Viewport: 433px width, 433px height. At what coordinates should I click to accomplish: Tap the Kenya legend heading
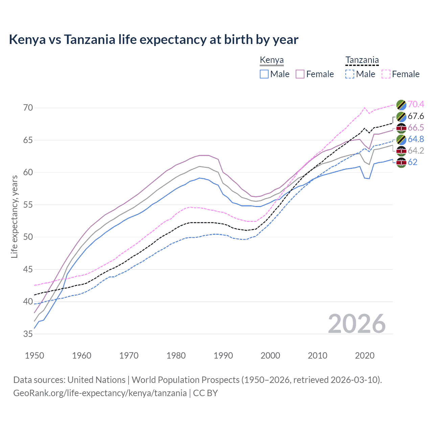tap(272, 60)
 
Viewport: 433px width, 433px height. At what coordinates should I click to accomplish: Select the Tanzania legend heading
tap(362, 60)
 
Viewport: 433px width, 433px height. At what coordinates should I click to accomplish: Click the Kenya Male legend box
tap(264, 74)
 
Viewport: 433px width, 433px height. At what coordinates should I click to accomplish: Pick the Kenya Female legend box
tap(300, 74)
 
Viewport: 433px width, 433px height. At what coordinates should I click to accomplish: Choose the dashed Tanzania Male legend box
tap(350, 74)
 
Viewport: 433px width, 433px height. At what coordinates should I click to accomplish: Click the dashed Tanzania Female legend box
tap(386, 74)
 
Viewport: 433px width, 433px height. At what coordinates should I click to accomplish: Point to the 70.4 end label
tap(416, 104)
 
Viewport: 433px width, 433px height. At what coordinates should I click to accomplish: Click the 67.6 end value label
tap(416, 116)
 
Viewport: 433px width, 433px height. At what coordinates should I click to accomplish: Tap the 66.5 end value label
tap(416, 128)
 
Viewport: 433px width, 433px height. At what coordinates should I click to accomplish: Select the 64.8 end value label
tap(416, 139)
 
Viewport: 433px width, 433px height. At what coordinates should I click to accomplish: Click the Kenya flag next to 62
tap(401, 162)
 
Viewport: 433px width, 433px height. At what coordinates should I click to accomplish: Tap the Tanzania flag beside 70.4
tap(401, 105)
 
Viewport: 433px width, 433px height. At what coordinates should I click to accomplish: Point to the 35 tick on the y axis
tap(28, 334)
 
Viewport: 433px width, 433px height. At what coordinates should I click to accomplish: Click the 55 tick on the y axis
tap(28, 205)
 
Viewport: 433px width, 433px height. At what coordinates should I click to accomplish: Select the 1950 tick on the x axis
tap(35, 356)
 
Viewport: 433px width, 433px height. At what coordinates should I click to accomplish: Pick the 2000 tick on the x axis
tap(270, 356)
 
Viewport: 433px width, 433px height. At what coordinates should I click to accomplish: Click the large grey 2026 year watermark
tap(357, 324)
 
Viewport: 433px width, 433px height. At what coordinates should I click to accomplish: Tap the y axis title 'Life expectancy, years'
tap(14, 216)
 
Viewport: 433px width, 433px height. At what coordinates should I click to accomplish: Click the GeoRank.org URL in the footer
tap(100, 393)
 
